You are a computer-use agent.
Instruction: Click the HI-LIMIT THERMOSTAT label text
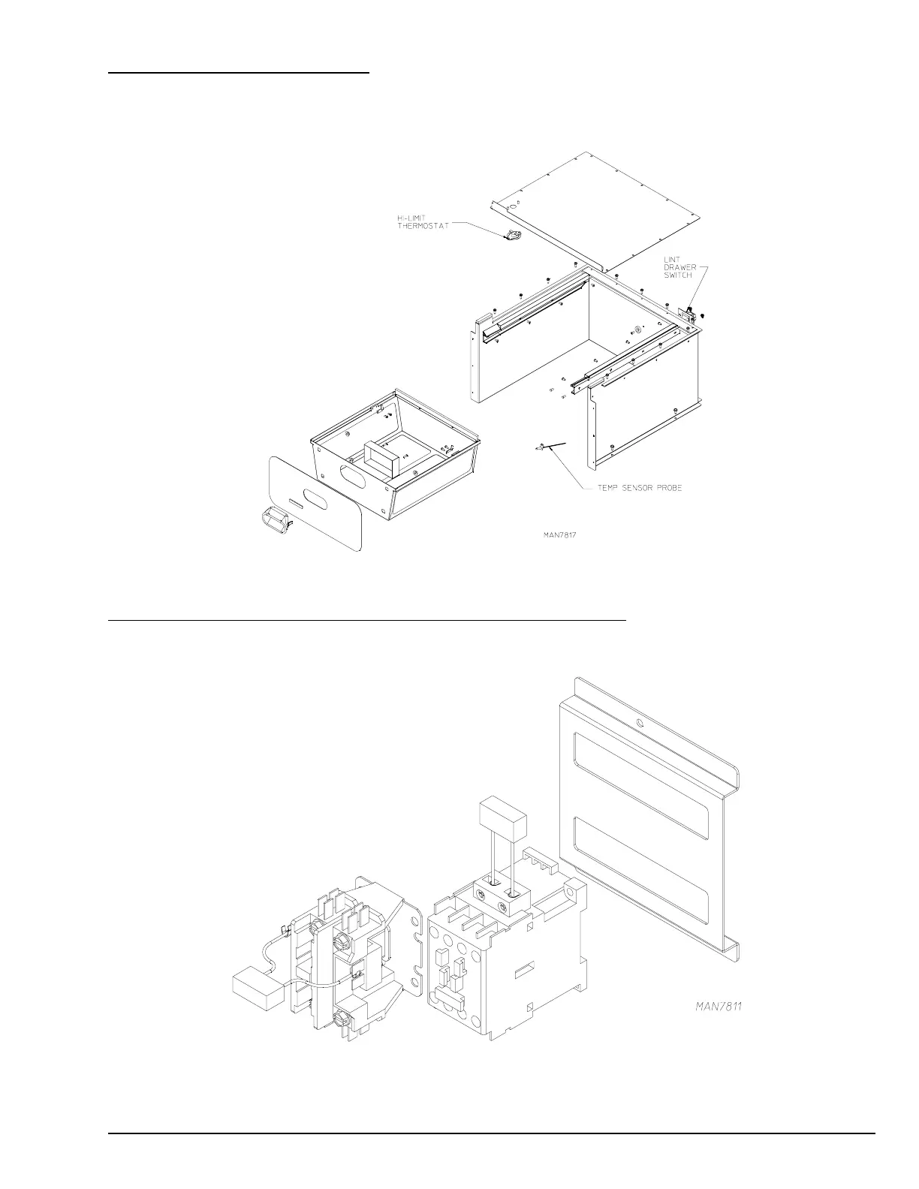pos(423,222)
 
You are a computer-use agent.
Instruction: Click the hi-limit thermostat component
pos(514,236)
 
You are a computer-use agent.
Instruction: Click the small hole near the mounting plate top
pos(638,723)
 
